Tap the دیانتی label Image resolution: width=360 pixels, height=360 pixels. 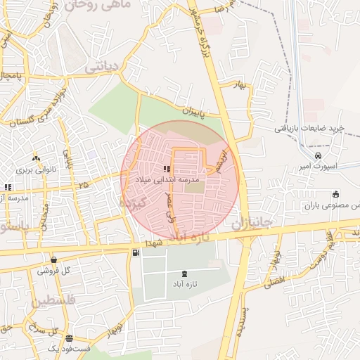click(104, 68)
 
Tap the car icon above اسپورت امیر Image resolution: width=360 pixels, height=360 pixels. click(319, 155)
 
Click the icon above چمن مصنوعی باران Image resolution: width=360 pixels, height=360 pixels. click(336, 195)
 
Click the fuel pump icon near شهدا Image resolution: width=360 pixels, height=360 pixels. click(135, 252)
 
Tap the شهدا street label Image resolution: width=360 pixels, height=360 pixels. click(154, 242)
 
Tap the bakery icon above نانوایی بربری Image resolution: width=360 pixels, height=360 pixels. click(36, 159)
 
